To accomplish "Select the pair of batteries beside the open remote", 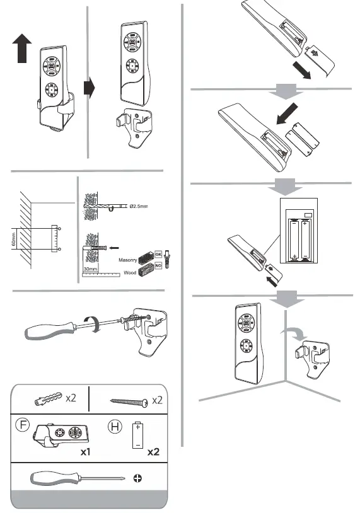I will tap(299, 139).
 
